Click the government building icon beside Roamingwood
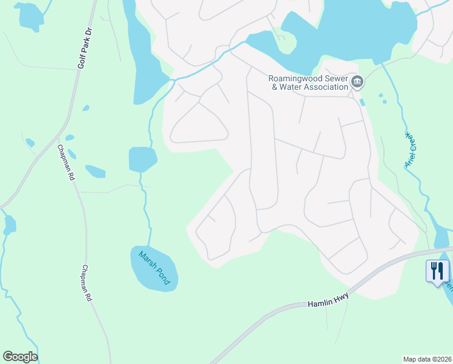[357, 81]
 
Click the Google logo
[20, 357]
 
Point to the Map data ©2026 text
[427, 359]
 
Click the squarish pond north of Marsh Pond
[142, 159]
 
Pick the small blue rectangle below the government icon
[362, 102]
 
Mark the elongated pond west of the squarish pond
[95, 171]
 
